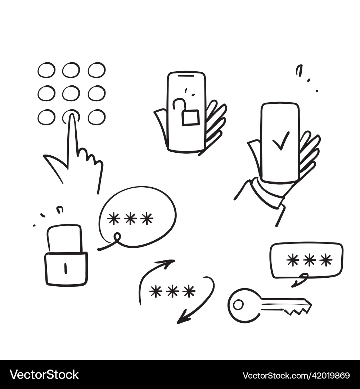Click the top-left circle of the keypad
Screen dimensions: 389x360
click(x=46, y=70)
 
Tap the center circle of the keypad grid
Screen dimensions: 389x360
click(x=71, y=93)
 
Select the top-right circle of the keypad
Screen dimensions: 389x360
click(x=96, y=70)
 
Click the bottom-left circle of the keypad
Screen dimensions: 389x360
click(x=46, y=117)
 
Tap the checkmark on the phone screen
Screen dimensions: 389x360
click(x=281, y=141)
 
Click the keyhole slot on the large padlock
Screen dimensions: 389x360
click(x=66, y=268)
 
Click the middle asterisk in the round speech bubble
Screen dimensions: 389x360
click(x=130, y=219)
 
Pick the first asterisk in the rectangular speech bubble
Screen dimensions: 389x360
click(x=293, y=260)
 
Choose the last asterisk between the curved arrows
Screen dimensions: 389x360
click(x=189, y=291)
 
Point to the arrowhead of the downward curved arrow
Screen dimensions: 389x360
click(x=182, y=319)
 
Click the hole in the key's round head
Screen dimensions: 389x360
click(x=238, y=305)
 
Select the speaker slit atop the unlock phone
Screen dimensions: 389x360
click(x=186, y=76)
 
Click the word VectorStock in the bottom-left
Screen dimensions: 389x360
click(x=44, y=375)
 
